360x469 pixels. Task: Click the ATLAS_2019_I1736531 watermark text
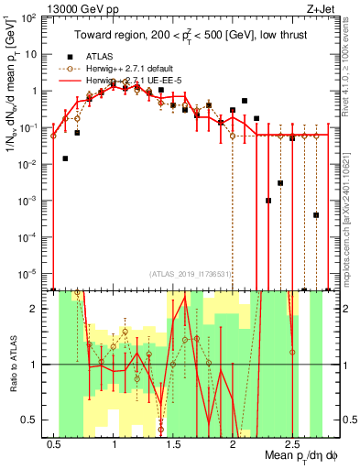tap(189, 273)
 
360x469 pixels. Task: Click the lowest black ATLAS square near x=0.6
tap(66, 158)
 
